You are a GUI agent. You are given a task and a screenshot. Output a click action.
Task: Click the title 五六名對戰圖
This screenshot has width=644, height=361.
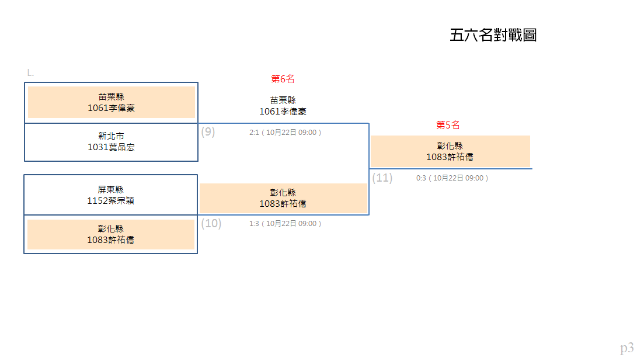coord(493,35)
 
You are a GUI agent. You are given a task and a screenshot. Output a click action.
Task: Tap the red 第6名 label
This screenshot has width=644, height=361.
coord(283,79)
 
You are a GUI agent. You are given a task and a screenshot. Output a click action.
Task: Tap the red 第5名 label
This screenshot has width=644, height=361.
coord(448,125)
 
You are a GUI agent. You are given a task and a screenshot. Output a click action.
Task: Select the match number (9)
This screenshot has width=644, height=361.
coord(208,132)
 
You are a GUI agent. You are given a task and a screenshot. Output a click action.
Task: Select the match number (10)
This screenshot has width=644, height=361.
coord(211,223)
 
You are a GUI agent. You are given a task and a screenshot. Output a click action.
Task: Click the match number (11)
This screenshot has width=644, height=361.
coord(382,178)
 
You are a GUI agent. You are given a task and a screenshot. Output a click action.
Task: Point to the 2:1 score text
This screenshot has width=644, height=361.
coord(254,132)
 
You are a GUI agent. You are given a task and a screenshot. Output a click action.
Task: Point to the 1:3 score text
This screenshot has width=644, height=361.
coord(254,223)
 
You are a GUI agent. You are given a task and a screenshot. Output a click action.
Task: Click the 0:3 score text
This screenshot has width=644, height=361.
coord(421,178)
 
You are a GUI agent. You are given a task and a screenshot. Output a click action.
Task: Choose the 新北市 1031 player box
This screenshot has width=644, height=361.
coord(111,142)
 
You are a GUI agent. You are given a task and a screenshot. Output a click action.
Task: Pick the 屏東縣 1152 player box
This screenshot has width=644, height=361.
coord(110,195)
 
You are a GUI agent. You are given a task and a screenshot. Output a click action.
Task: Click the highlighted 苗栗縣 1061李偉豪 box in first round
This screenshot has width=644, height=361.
coord(112,102)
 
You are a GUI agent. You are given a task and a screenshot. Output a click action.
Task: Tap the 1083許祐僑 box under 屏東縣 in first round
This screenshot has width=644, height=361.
coord(111,234)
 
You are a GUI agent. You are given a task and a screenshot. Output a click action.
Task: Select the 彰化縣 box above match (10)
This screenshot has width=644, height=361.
coord(283,199)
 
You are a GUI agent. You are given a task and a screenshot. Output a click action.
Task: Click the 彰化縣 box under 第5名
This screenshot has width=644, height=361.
coord(450,151)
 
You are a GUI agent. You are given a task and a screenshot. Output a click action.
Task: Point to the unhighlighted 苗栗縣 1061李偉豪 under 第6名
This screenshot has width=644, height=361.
coord(283,106)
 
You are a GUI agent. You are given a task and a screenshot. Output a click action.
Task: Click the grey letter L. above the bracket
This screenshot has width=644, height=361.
coord(30,73)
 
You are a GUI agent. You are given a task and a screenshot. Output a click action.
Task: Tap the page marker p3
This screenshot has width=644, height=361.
coord(626,348)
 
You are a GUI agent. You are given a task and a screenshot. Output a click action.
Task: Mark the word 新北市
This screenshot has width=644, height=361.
coord(111,136)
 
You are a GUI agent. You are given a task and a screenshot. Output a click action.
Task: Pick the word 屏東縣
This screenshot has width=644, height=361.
coord(110,189)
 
